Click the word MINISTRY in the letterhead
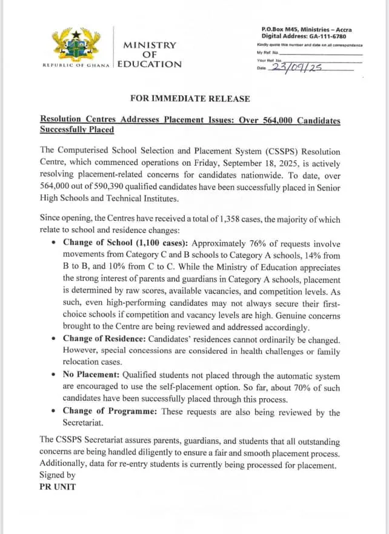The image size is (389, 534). [x=150, y=45]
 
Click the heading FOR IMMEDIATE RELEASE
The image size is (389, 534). [x=190, y=98]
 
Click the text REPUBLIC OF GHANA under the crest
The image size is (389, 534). [x=76, y=66]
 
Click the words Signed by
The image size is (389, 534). [x=58, y=476]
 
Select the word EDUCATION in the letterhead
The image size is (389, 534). [x=149, y=64]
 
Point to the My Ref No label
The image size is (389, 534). [x=268, y=53]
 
